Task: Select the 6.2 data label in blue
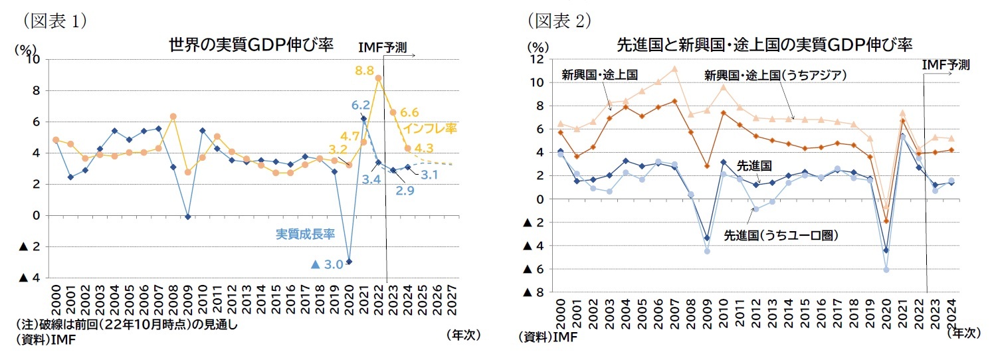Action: coord(360,105)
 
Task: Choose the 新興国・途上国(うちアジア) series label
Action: coord(775,75)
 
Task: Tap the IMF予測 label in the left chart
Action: coord(382,47)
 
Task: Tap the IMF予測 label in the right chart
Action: coord(946,65)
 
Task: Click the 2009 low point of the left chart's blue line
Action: coord(188,217)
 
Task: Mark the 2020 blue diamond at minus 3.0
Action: coord(349,262)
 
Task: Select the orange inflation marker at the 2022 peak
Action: coord(378,78)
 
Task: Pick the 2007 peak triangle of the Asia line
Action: coord(674,68)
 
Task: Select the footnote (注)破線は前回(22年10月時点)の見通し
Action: coord(126,325)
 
